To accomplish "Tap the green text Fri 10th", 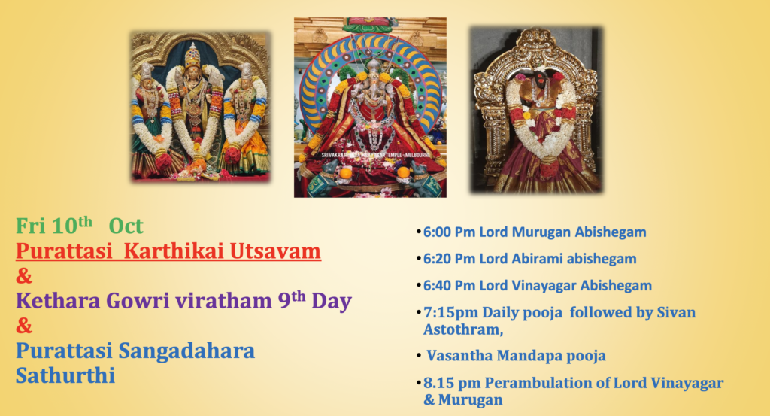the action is tap(54, 226).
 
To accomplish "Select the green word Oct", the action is tap(126, 226).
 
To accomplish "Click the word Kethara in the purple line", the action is tap(58, 301).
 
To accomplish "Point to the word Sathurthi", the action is tap(65, 375).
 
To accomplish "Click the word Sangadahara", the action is tap(186, 351).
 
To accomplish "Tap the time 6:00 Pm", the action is tap(450, 232).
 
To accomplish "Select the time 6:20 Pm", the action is tap(450, 258).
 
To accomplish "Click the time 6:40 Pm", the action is tap(450, 285).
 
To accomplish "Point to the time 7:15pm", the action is tap(450, 312).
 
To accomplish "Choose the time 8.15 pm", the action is tap(452, 383).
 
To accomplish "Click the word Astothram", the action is tap(463, 329).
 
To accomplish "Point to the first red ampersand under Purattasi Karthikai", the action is tap(23, 276).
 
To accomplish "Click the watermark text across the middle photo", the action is tap(376, 155).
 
